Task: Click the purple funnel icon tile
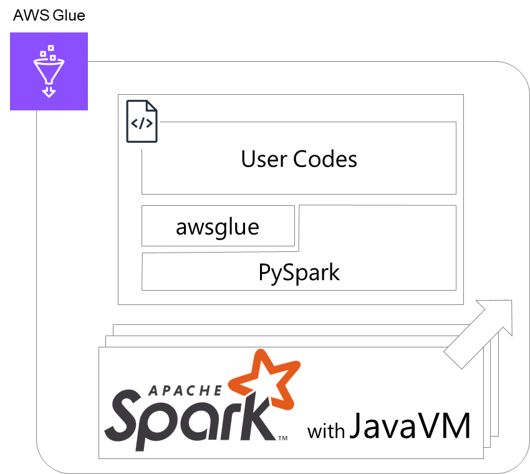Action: (x=49, y=71)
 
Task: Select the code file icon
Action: (x=142, y=124)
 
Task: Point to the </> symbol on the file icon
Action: (x=142, y=123)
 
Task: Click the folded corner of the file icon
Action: (x=155, y=107)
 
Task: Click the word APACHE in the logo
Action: (x=185, y=391)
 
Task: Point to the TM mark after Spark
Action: (x=282, y=438)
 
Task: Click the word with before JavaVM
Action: (x=325, y=431)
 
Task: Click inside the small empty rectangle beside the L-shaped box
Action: (x=218, y=225)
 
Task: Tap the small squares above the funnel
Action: (x=48, y=52)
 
